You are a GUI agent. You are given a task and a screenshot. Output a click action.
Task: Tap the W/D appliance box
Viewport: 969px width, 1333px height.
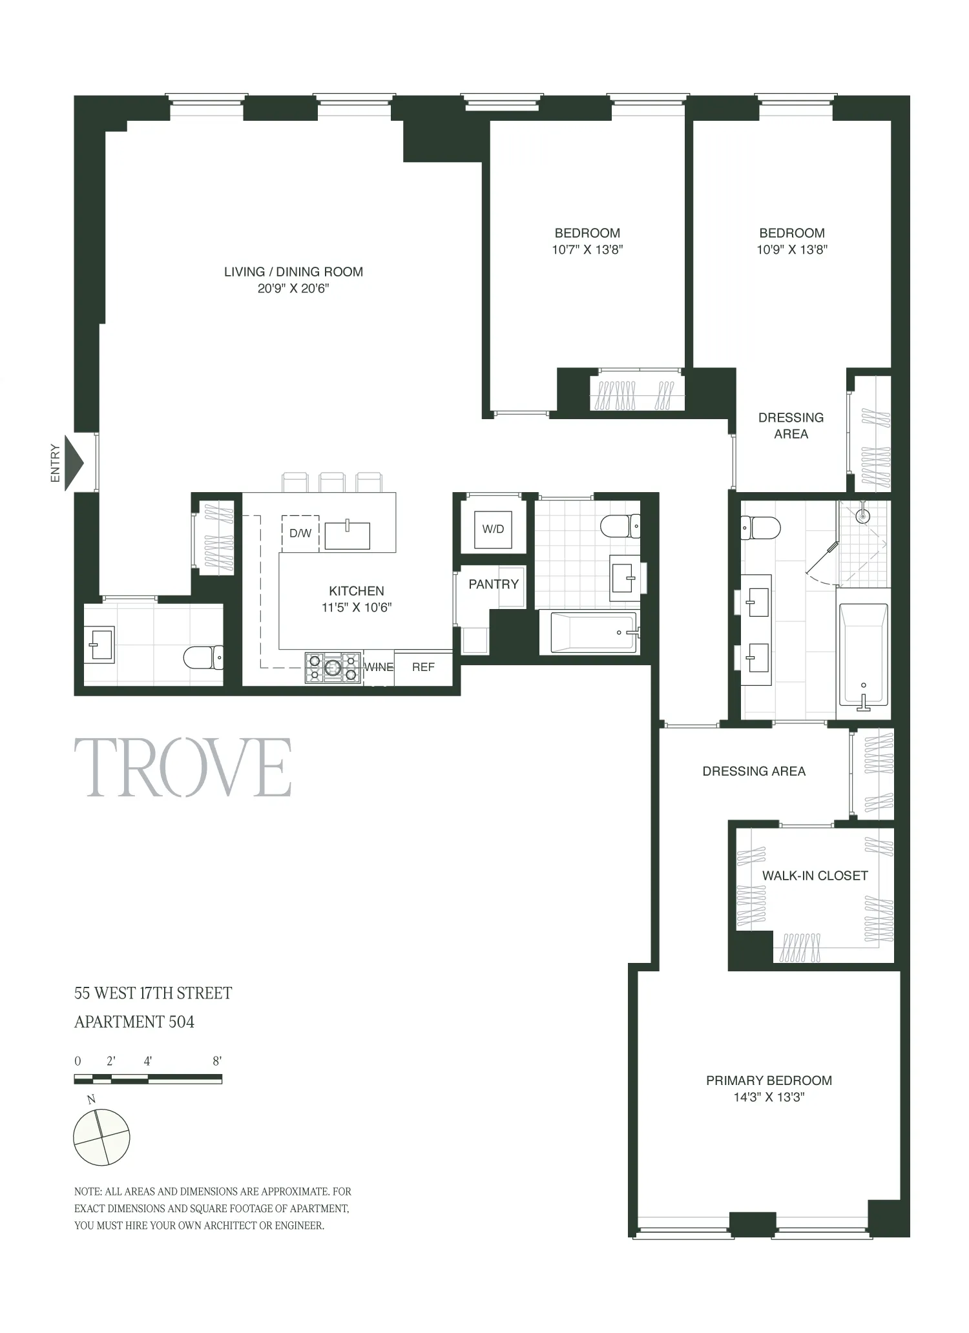click(x=493, y=529)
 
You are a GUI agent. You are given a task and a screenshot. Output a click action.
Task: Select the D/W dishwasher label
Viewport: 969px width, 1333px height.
click(x=300, y=533)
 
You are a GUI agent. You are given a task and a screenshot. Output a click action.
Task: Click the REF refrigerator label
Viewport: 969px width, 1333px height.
click(x=423, y=667)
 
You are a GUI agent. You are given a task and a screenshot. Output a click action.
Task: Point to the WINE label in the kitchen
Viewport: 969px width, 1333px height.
click(x=379, y=667)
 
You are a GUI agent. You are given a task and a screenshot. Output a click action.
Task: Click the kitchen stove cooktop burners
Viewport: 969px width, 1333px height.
click(x=333, y=668)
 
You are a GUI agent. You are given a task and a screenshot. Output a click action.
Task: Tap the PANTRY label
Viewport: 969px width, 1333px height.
click(x=494, y=584)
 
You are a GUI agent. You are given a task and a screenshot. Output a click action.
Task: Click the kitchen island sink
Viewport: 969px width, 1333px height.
click(x=348, y=535)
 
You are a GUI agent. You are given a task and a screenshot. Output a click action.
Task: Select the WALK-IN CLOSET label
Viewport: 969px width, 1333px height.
click(x=815, y=876)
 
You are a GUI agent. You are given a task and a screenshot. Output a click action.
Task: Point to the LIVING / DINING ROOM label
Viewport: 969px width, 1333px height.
click(x=293, y=272)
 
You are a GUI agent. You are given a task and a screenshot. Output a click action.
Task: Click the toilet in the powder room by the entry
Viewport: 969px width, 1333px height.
click(x=203, y=657)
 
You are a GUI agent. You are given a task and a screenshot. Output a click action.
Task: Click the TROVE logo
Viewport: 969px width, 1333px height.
click(x=183, y=768)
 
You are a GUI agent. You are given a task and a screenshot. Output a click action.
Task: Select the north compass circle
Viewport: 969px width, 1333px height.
click(x=101, y=1137)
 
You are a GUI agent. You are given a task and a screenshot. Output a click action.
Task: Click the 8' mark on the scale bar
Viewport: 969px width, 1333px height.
click(x=217, y=1061)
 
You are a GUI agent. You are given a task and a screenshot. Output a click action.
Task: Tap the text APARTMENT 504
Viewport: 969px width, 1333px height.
click(x=134, y=1022)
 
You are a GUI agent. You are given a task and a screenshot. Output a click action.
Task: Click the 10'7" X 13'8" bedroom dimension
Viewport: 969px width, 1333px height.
click(x=587, y=250)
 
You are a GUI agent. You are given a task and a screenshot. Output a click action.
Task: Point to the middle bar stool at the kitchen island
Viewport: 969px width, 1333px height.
click(x=332, y=482)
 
